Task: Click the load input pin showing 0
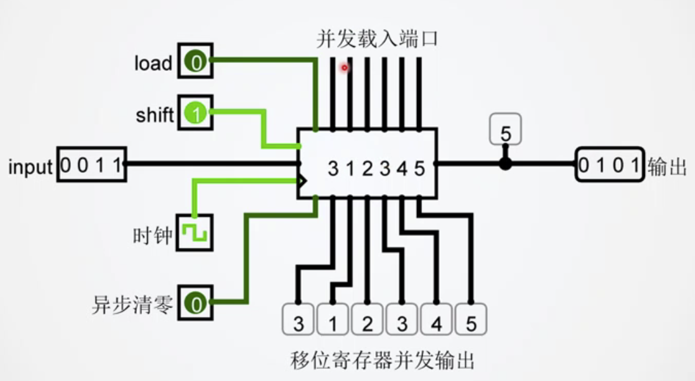click(196, 62)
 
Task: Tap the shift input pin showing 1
click(196, 114)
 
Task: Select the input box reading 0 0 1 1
click(92, 165)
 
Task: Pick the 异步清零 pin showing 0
click(196, 304)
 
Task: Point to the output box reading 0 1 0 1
click(610, 165)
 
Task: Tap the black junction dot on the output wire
click(505, 164)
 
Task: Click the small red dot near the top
click(345, 67)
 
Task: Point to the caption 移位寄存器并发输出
click(382, 360)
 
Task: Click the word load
click(153, 63)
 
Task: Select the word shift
click(155, 115)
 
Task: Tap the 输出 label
click(667, 167)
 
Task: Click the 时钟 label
click(153, 236)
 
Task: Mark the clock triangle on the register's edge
click(302, 180)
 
